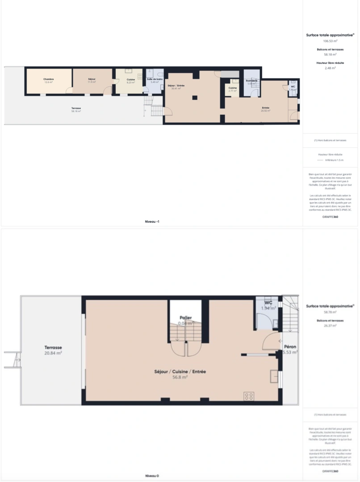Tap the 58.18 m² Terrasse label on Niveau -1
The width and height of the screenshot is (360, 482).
(x=76, y=109)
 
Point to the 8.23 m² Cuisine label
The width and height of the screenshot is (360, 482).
(x=130, y=81)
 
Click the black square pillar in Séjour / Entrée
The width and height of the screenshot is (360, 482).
(x=194, y=97)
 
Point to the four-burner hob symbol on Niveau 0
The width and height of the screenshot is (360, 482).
(x=249, y=395)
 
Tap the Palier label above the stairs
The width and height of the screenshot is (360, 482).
(x=185, y=318)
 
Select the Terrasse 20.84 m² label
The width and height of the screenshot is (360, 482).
(x=53, y=350)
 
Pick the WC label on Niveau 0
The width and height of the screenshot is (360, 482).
(x=268, y=303)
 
